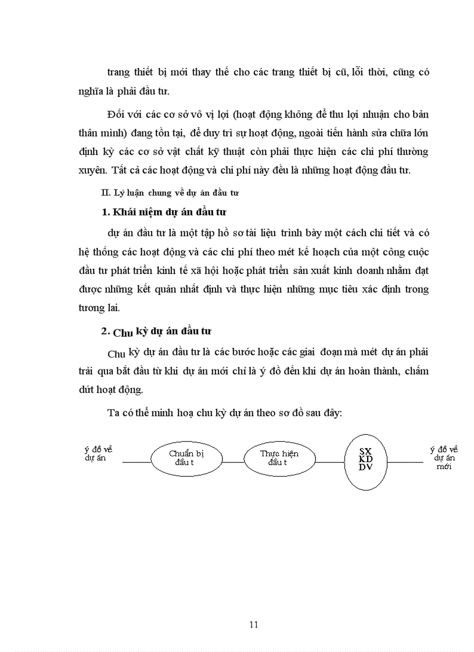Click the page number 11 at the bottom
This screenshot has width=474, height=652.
[x=253, y=625]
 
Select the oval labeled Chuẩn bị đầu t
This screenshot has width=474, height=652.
[x=186, y=458]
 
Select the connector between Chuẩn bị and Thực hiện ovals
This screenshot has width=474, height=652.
[x=233, y=462]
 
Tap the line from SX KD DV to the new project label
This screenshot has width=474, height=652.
[x=405, y=462]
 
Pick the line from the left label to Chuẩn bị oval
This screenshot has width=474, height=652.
[x=137, y=462]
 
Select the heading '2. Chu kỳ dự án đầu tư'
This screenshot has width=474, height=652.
[x=156, y=332]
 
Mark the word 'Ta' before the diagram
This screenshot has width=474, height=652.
[x=113, y=413]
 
